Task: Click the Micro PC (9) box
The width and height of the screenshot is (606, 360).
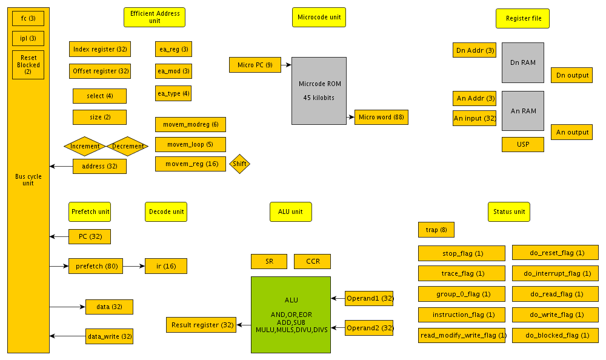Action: (x=255, y=64)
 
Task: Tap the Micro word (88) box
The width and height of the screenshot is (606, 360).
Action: (x=381, y=117)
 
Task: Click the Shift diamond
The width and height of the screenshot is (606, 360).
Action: (x=239, y=164)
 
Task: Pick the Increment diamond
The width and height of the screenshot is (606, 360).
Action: (x=85, y=146)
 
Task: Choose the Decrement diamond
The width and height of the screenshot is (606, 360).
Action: (x=127, y=146)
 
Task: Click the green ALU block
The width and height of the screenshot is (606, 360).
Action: (x=291, y=315)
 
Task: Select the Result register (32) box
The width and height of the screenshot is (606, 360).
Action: (x=201, y=325)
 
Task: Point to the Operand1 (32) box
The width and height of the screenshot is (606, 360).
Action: (x=369, y=298)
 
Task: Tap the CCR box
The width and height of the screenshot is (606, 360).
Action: (x=313, y=261)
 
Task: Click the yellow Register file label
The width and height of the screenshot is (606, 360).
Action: (x=523, y=18)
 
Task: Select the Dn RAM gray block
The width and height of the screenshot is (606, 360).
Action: (x=523, y=62)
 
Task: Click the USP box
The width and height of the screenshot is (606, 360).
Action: (x=523, y=145)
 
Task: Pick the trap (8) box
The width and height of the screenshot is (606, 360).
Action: (x=436, y=230)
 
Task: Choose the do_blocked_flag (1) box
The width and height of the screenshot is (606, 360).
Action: (x=555, y=335)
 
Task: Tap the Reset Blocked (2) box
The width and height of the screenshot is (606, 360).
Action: (x=28, y=65)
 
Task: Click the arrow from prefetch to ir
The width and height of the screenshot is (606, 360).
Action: (x=134, y=265)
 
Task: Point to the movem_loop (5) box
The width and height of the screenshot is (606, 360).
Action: (x=190, y=144)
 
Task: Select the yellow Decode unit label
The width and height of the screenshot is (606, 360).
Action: (x=166, y=212)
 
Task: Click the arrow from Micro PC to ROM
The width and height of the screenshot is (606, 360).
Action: (x=286, y=64)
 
